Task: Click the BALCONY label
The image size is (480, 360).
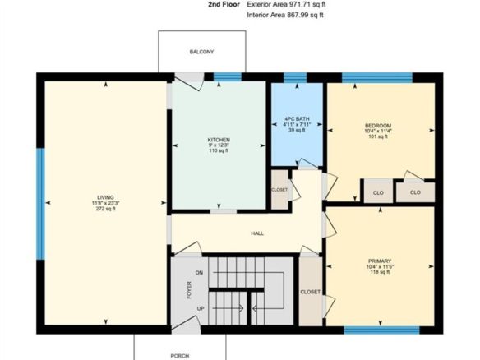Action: click(201, 52)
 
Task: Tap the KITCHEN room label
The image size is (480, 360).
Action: click(219, 140)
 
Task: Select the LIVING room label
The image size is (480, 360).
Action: click(105, 197)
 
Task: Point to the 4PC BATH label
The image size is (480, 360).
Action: click(297, 119)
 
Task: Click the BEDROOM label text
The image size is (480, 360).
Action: click(378, 126)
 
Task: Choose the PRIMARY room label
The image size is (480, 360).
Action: click(380, 261)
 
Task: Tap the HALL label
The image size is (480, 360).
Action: click(257, 233)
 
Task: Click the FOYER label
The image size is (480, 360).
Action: click(189, 290)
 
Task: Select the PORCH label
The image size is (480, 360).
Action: click(180, 356)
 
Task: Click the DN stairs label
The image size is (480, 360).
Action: click(199, 273)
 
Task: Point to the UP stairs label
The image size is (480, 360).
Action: click(201, 308)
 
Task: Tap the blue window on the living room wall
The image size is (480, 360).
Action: click(41, 204)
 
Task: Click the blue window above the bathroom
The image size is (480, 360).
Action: click(295, 78)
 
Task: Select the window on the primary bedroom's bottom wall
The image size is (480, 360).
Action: click(381, 330)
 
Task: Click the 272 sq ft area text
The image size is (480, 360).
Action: click(105, 209)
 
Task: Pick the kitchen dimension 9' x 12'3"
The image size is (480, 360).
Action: click(219, 145)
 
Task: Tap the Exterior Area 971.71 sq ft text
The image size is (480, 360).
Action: click(286, 4)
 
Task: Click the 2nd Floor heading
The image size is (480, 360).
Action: click(224, 4)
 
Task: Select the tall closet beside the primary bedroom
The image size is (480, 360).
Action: click(311, 292)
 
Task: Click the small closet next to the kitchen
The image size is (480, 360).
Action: click(279, 190)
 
